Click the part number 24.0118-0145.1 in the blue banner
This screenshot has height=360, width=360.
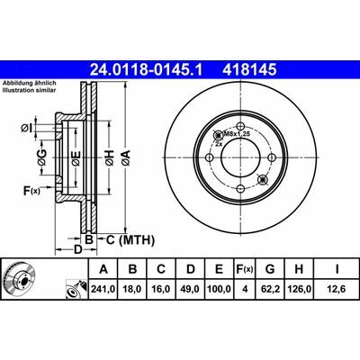[x=147, y=70]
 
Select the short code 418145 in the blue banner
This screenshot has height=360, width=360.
[x=249, y=70]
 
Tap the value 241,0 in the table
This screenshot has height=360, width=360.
[x=103, y=289]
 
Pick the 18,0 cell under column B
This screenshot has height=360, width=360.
[x=132, y=289]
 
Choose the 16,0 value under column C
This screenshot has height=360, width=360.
[x=161, y=289]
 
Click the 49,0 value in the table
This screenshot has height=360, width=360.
[x=190, y=289]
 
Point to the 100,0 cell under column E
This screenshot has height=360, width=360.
[x=220, y=289]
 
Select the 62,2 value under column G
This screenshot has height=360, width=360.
[x=270, y=289]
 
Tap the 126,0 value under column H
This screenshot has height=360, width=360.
[x=299, y=289]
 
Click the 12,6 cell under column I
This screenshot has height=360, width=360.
[x=337, y=289]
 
